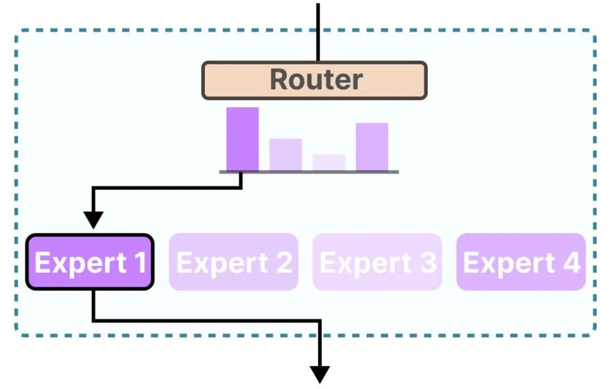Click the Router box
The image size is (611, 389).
315,80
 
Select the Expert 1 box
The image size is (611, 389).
89,262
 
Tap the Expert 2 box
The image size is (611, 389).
233,262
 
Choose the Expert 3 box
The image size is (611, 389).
377,262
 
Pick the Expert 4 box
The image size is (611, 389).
520,262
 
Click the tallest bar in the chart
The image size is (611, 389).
242,139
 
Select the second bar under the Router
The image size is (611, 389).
285,154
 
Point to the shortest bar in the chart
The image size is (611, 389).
329,162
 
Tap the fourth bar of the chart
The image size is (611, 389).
372,146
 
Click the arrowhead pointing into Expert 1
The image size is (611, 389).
93,219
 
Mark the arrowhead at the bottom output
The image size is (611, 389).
320,374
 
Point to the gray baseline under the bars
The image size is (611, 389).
309,172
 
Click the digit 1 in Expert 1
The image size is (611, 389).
139,263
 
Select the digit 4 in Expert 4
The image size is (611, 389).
571,263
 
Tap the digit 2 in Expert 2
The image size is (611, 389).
284,263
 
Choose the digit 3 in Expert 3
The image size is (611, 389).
428,263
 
